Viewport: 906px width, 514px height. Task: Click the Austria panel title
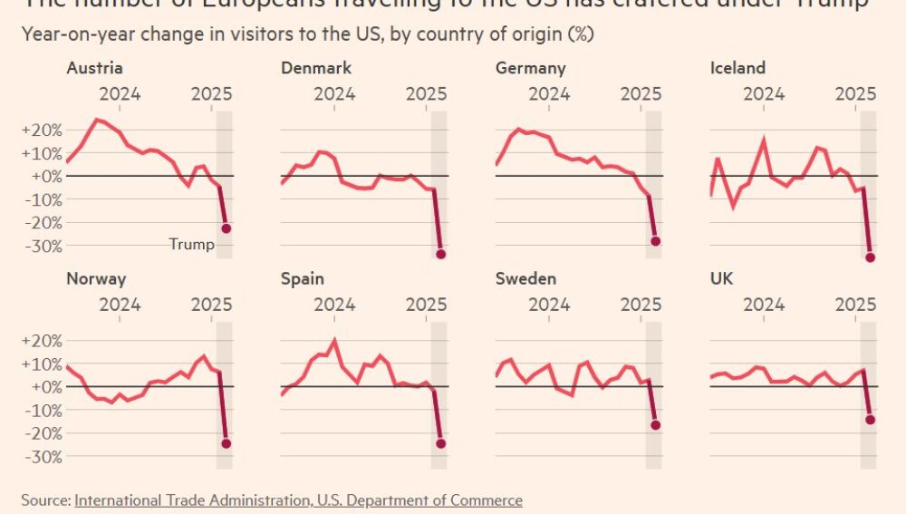94,68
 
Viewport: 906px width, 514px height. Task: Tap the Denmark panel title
316,68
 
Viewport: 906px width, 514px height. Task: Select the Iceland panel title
737,68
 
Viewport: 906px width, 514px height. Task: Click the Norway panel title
96,278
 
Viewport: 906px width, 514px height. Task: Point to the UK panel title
722,278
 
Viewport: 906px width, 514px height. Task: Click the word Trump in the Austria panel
192,244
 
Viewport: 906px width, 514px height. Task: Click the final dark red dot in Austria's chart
226,228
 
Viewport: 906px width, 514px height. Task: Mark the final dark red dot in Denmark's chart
441,254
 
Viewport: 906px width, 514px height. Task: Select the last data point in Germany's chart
656,241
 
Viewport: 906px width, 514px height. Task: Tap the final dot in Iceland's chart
871,257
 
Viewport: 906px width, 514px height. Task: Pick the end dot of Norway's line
226,443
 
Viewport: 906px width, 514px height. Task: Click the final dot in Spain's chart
441,443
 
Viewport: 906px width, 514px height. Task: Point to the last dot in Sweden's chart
656,424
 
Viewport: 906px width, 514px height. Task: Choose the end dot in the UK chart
871,419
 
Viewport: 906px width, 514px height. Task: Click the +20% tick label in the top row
41,130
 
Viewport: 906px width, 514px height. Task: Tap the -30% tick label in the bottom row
41,457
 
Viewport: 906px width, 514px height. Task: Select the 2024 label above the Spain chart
334,304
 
